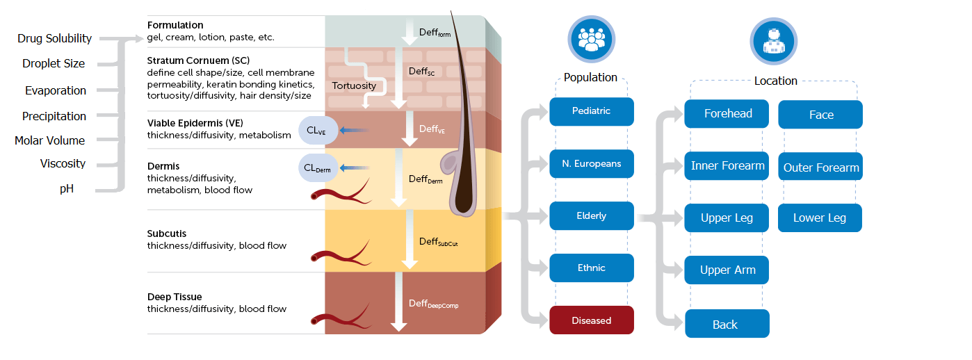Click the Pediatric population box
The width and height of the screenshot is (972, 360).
click(591, 111)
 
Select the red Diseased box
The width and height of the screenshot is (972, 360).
click(591, 320)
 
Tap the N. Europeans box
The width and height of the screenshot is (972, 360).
click(591, 164)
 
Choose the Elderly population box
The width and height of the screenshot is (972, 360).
click(591, 216)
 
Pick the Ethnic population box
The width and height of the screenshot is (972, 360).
click(591, 268)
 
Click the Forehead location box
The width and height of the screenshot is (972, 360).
click(727, 114)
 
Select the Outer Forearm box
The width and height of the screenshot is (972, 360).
click(820, 167)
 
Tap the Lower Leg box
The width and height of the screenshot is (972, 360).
click(820, 218)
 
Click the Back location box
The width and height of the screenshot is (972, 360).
click(727, 325)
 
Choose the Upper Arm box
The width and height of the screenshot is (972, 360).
click(727, 270)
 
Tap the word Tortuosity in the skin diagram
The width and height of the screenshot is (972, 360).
click(354, 86)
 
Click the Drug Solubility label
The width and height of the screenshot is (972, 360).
click(54, 39)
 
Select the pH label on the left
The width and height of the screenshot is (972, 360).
click(66, 188)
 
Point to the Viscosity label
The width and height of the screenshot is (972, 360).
click(63, 164)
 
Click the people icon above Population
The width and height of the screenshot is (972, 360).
click(591, 39)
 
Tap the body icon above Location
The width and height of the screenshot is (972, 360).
click(773, 41)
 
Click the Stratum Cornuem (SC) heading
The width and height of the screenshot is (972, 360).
click(194, 60)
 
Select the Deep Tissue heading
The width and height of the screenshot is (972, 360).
click(175, 297)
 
